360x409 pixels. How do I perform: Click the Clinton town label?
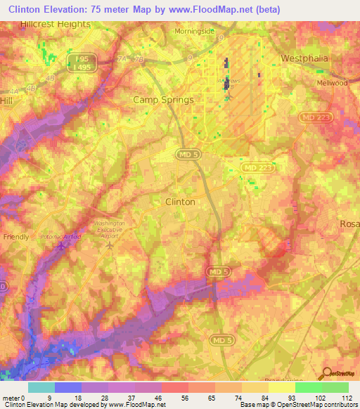pyautogui.click(x=179, y=201)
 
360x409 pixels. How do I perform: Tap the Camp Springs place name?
pyautogui.click(x=163, y=100)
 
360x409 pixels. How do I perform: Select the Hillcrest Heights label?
pyautogui.click(x=56, y=24)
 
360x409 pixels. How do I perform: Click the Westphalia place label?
pyautogui.click(x=304, y=58)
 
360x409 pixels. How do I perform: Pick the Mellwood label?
pyautogui.click(x=333, y=83)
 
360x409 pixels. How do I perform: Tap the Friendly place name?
pyautogui.click(x=16, y=237)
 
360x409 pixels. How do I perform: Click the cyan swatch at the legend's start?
pyautogui.click(x=41, y=387)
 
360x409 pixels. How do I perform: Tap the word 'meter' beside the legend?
pyautogui.click(x=12, y=397)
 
